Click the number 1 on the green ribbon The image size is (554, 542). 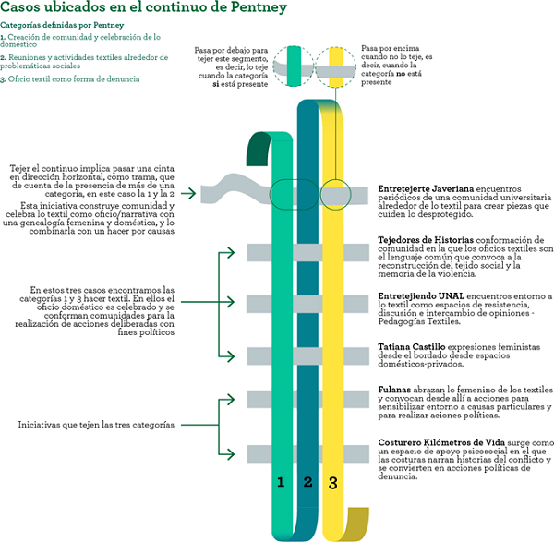tap(281, 482)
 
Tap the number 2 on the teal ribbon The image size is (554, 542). tap(308, 482)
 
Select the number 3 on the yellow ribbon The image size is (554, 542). tap(333, 482)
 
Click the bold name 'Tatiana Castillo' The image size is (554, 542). tap(406, 346)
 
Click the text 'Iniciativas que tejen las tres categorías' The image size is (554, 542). tap(96, 425)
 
